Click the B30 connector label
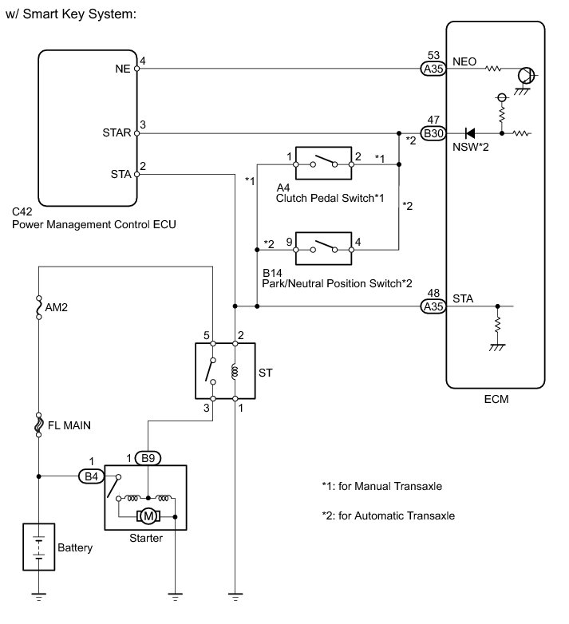[x=433, y=133]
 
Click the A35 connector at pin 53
[x=433, y=69]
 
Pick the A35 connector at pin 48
[x=433, y=306]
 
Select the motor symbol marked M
[x=146, y=517]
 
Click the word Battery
[x=75, y=548]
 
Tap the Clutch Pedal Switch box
[x=323, y=163]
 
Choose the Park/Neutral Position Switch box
[x=323, y=249]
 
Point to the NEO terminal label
[x=465, y=60]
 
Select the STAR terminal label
[x=117, y=133]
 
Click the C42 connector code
[x=22, y=212]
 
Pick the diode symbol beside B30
[x=471, y=133]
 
